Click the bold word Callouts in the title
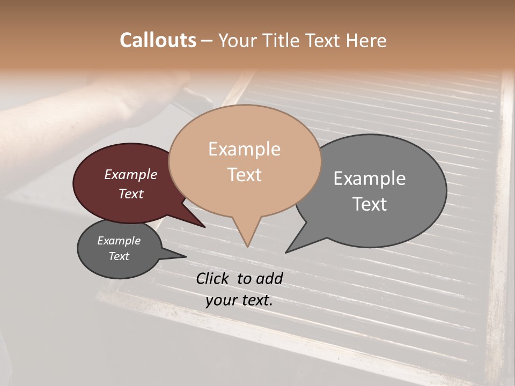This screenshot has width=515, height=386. (x=158, y=40)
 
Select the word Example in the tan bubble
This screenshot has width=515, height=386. (x=244, y=149)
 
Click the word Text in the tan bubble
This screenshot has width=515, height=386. (x=244, y=175)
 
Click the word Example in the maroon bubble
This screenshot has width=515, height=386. (x=131, y=174)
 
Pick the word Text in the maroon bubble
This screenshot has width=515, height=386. (x=131, y=194)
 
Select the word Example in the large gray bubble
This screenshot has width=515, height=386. (x=370, y=178)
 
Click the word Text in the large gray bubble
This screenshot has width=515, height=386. (x=370, y=204)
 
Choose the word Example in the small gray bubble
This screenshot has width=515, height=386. (x=119, y=241)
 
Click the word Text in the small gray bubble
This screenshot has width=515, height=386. (x=119, y=256)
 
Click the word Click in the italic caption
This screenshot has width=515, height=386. (x=213, y=278)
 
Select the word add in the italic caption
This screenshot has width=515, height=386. (x=269, y=278)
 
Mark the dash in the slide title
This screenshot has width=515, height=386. (x=208, y=41)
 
